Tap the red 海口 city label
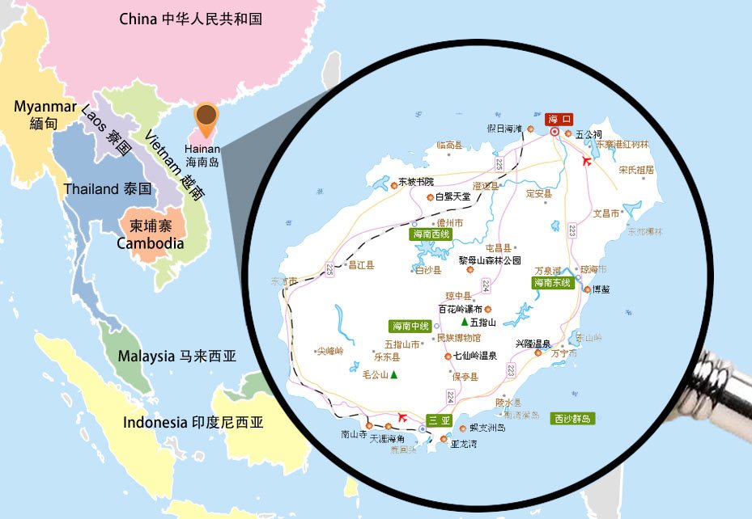[559, 118]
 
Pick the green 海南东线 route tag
[553, 283]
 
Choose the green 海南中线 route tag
[410, 327]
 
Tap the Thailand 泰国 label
[108, 189]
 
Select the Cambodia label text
[151, 243]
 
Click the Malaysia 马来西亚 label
[177, 356]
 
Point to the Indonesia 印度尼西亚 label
[193, 422]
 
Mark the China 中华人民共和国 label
[190, 19]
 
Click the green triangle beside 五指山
[465, 322]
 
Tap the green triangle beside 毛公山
[393, 374]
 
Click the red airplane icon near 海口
[588, 160]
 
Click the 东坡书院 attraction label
[416, 182]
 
